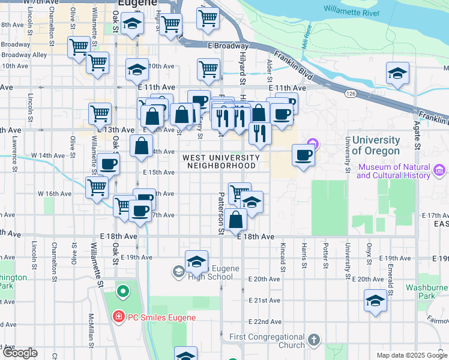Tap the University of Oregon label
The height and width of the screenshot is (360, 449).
tap(372, 145)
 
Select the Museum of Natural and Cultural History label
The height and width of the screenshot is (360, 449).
tap(393, 171)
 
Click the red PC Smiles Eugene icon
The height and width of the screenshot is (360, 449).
tap(119, 316)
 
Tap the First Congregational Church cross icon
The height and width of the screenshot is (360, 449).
tap(313, 341)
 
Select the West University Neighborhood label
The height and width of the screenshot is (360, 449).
tap(221, 161)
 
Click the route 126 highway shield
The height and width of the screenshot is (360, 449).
tap(352, 93)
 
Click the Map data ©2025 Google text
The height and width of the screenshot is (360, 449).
tap(412, 355)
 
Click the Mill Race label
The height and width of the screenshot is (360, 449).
tap(309, 40)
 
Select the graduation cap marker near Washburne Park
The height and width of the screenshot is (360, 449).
tap(376, 300)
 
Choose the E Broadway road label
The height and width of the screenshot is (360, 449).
tap(228, 46)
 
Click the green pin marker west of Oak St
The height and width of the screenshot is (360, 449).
tap(122, 292)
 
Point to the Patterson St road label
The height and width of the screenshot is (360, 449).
tap(221, 214)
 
